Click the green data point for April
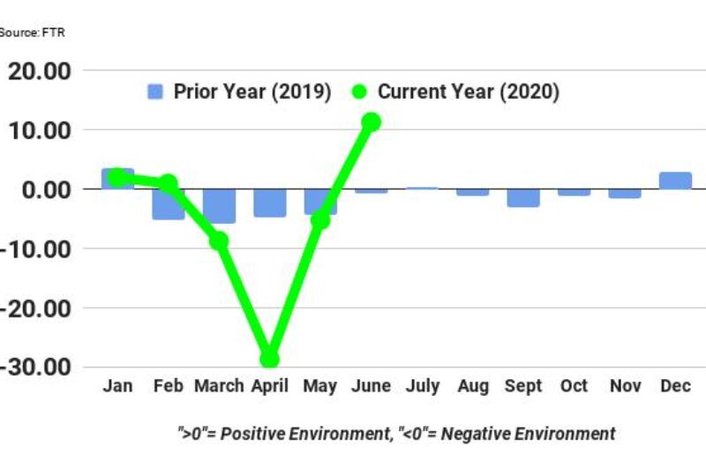pyautogui.click(x=269, y=359)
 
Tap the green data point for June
pyautogui.click(x=371, y=122)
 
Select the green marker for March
pyautogui.click(x=219, y=241)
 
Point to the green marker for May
pyautogui.click(x=320, y=220)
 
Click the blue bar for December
pyautogui.click(x=675, y=181)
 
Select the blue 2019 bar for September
pyautogui.click(x=523, y=198)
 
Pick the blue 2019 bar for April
pyautogui.click(x=269, y=203)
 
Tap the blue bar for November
pyautogui.click(x=625, y=193)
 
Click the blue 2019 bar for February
pyautogui.click(x=168, y=204)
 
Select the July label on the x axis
pyautogui.click(x=422, y=387)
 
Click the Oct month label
pyautogui.click(x=574, y=387)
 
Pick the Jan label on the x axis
pyautogui.click(x=117, y=387)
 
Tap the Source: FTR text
pyautogui.click(x=32, y=33)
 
